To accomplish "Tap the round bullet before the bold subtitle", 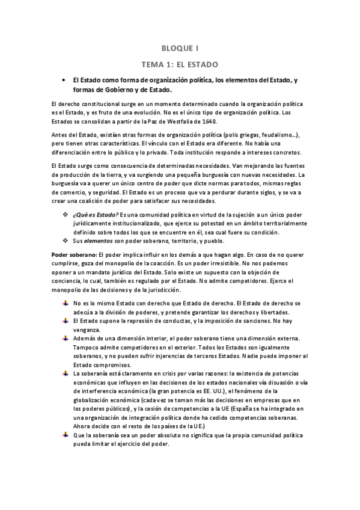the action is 63,80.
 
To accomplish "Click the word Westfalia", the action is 184,121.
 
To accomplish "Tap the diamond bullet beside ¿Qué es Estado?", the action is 66,215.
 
